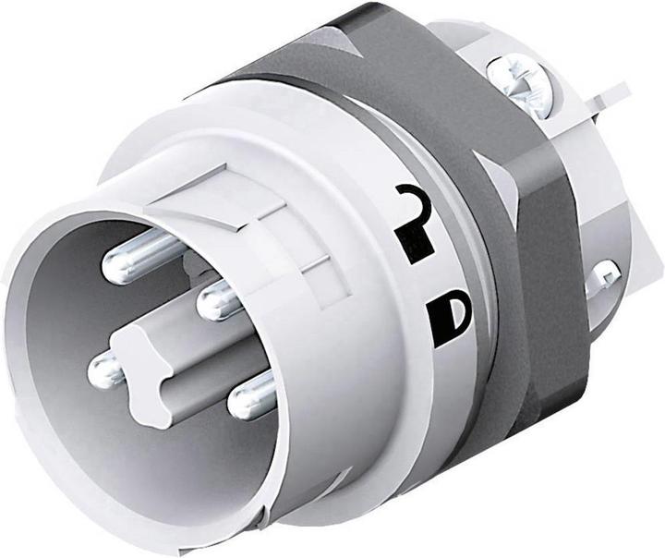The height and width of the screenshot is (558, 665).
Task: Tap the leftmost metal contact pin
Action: [103, 371]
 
